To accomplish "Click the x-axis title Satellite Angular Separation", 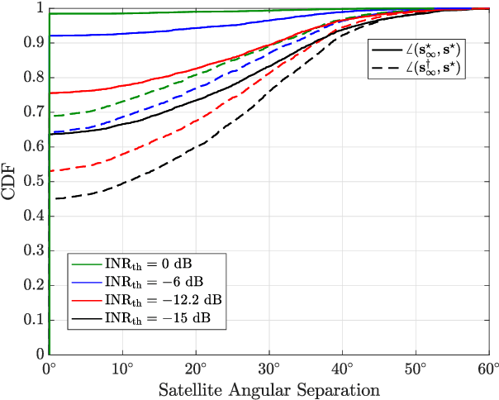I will [269, 388].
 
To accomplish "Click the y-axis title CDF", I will [11, 181].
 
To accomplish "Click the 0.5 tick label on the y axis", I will [33, 181].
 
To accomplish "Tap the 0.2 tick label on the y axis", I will [33, 285].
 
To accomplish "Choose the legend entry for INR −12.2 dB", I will [158, 300].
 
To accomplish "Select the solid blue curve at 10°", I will [122, 34].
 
